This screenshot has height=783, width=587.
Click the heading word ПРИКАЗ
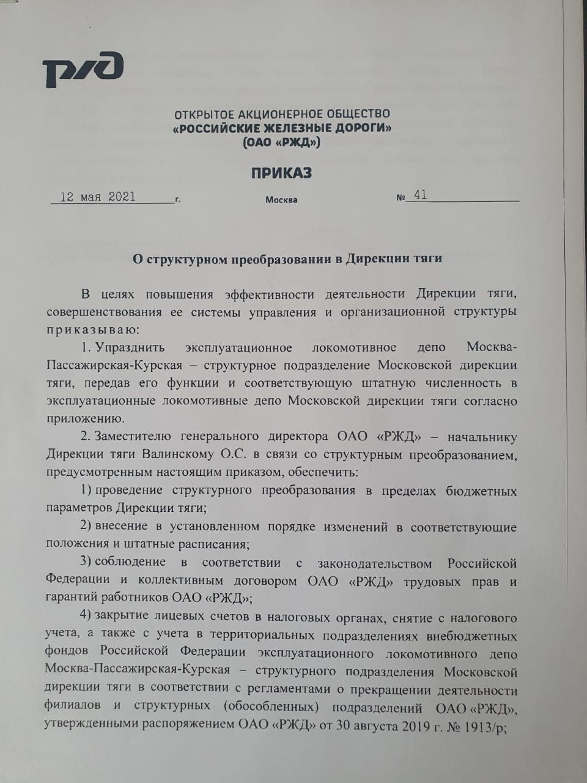coord(281,173)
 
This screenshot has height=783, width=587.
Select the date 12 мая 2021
coord(98,197)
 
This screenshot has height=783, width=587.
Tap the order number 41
coord(420,195)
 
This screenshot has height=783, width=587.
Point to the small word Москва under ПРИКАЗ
coord(281,200)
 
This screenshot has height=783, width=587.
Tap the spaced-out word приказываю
coord(93,330)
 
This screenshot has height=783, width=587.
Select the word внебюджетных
coord(473,636)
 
